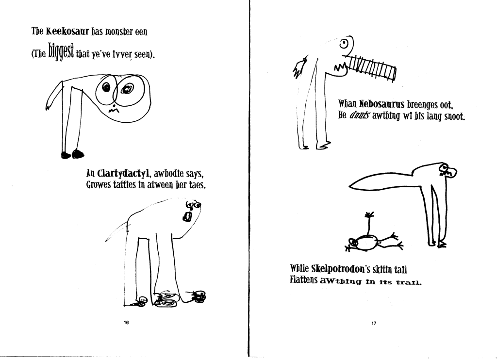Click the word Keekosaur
tap(67, 32)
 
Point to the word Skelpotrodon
tap(338, 269)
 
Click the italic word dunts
tap(359, 115)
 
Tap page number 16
tap(126, 323)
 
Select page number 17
tap(374, 323)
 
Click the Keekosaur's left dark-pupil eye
tap(106, 87)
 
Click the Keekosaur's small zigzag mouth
tap(114, 110)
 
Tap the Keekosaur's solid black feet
tap(73, 154)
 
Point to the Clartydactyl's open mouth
tap(187, 217)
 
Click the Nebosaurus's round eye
tap(344, 44)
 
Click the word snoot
tap(455, 116)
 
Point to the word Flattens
tap(303, 280)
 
